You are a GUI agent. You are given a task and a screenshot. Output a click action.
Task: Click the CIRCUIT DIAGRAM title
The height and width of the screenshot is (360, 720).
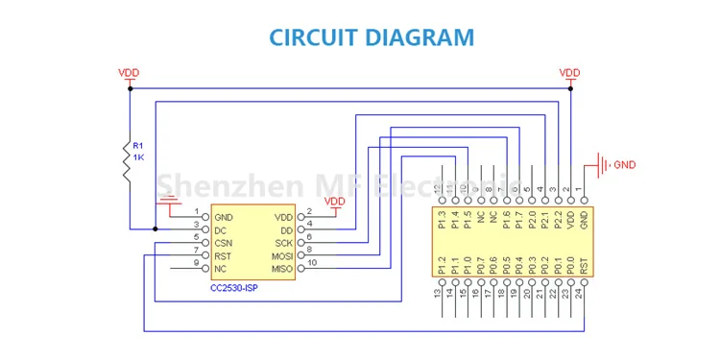[371, 37]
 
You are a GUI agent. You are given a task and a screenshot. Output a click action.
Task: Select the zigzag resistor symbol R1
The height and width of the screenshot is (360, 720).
[129, 162]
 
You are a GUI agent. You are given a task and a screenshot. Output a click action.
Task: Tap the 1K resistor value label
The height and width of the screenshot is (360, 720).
[139, 156]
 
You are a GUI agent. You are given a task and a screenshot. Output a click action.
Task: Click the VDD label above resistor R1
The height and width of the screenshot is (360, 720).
[129, 73]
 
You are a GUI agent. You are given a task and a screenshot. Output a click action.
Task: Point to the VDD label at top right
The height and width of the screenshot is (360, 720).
[570, 73]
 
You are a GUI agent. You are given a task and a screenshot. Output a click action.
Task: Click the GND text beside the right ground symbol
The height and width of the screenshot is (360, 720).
[624, 165]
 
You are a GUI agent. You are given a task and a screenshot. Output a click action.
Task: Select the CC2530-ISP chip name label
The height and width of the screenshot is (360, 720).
[233, 287]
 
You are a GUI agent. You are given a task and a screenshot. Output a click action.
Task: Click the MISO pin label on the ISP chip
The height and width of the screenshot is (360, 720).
[282, 270]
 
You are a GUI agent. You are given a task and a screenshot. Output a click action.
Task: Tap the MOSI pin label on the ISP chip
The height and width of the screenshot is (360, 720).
[282, 256]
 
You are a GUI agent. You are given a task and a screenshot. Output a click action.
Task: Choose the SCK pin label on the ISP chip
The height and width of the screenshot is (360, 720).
[283, 244]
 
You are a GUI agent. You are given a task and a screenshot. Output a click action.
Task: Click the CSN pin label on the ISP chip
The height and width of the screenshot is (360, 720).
[224, 244]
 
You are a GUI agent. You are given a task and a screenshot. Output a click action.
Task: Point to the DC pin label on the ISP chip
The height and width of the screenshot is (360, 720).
[221, 230]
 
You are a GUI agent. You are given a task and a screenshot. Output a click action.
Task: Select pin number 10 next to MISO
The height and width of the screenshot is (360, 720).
[311, 263]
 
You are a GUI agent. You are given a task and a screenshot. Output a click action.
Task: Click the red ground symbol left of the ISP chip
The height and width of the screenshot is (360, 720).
[169, 204]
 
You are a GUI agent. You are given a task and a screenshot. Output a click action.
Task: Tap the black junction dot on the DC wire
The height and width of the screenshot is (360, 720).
[155, 229]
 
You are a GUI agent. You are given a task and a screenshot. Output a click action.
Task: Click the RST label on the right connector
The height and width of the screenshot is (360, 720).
[584, 265]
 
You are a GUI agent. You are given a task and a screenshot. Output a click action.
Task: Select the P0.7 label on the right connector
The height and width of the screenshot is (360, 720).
[480, 265]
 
